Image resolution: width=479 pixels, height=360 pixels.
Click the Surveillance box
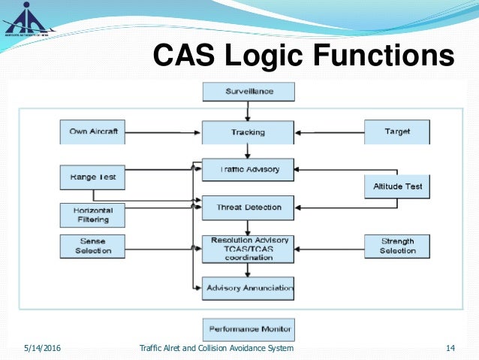point(249,92)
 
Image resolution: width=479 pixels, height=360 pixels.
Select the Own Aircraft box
point(92,132)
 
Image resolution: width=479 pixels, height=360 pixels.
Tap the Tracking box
point(248,132)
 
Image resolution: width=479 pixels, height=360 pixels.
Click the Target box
point(397,132)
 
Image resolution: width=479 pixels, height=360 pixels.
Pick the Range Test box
point(92,177)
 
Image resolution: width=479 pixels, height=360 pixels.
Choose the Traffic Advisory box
point(248,170)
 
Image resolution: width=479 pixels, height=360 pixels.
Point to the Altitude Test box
point(397,186)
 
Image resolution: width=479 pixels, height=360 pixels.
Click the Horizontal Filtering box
point(92,215)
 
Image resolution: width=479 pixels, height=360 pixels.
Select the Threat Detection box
point(248,207)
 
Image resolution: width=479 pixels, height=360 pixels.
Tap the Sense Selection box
point(92,246)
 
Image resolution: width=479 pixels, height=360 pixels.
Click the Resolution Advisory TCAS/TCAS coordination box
point(248,249)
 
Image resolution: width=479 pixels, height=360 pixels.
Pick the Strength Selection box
point(397,246)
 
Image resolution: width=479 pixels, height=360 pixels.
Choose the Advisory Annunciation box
point(248,288)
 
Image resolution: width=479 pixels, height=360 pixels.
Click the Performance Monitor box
point(249,329)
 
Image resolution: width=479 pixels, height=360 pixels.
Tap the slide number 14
point(450,348)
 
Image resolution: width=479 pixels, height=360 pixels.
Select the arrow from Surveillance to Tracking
point(249,111)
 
